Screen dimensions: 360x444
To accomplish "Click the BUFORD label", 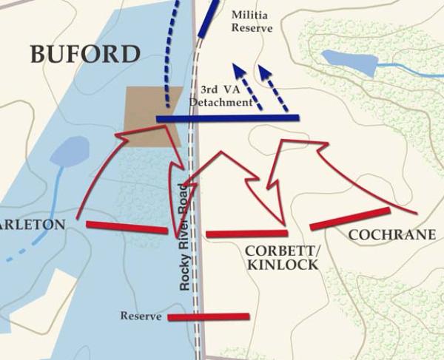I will pyautogui.click(x=85, y=54).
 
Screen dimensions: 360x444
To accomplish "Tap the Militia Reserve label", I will pyautogui.click(x=252, y=21).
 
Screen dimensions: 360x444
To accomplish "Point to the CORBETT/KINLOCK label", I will pyautogui.click(x=281, y=257).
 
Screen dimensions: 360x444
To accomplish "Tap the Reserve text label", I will pyautogui.click(x=141, y=316).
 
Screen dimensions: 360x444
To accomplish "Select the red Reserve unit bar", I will pyautogui.click(x=209, y=317).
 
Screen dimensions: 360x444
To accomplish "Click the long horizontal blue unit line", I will pyautogui.click(x=227, y=118).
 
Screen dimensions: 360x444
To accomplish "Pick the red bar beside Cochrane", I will pyautogui.click(x=349, y=219).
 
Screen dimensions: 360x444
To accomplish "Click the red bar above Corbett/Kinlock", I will pyautogui.click(x=246, y=234).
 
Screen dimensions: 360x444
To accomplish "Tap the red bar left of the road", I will pyautogui.click(x=127, y=227).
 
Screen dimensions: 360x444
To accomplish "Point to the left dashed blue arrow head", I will pyautogui.click(x=238, y=70).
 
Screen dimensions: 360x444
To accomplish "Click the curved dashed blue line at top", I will pyautogui.click(x=172, y=52).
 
